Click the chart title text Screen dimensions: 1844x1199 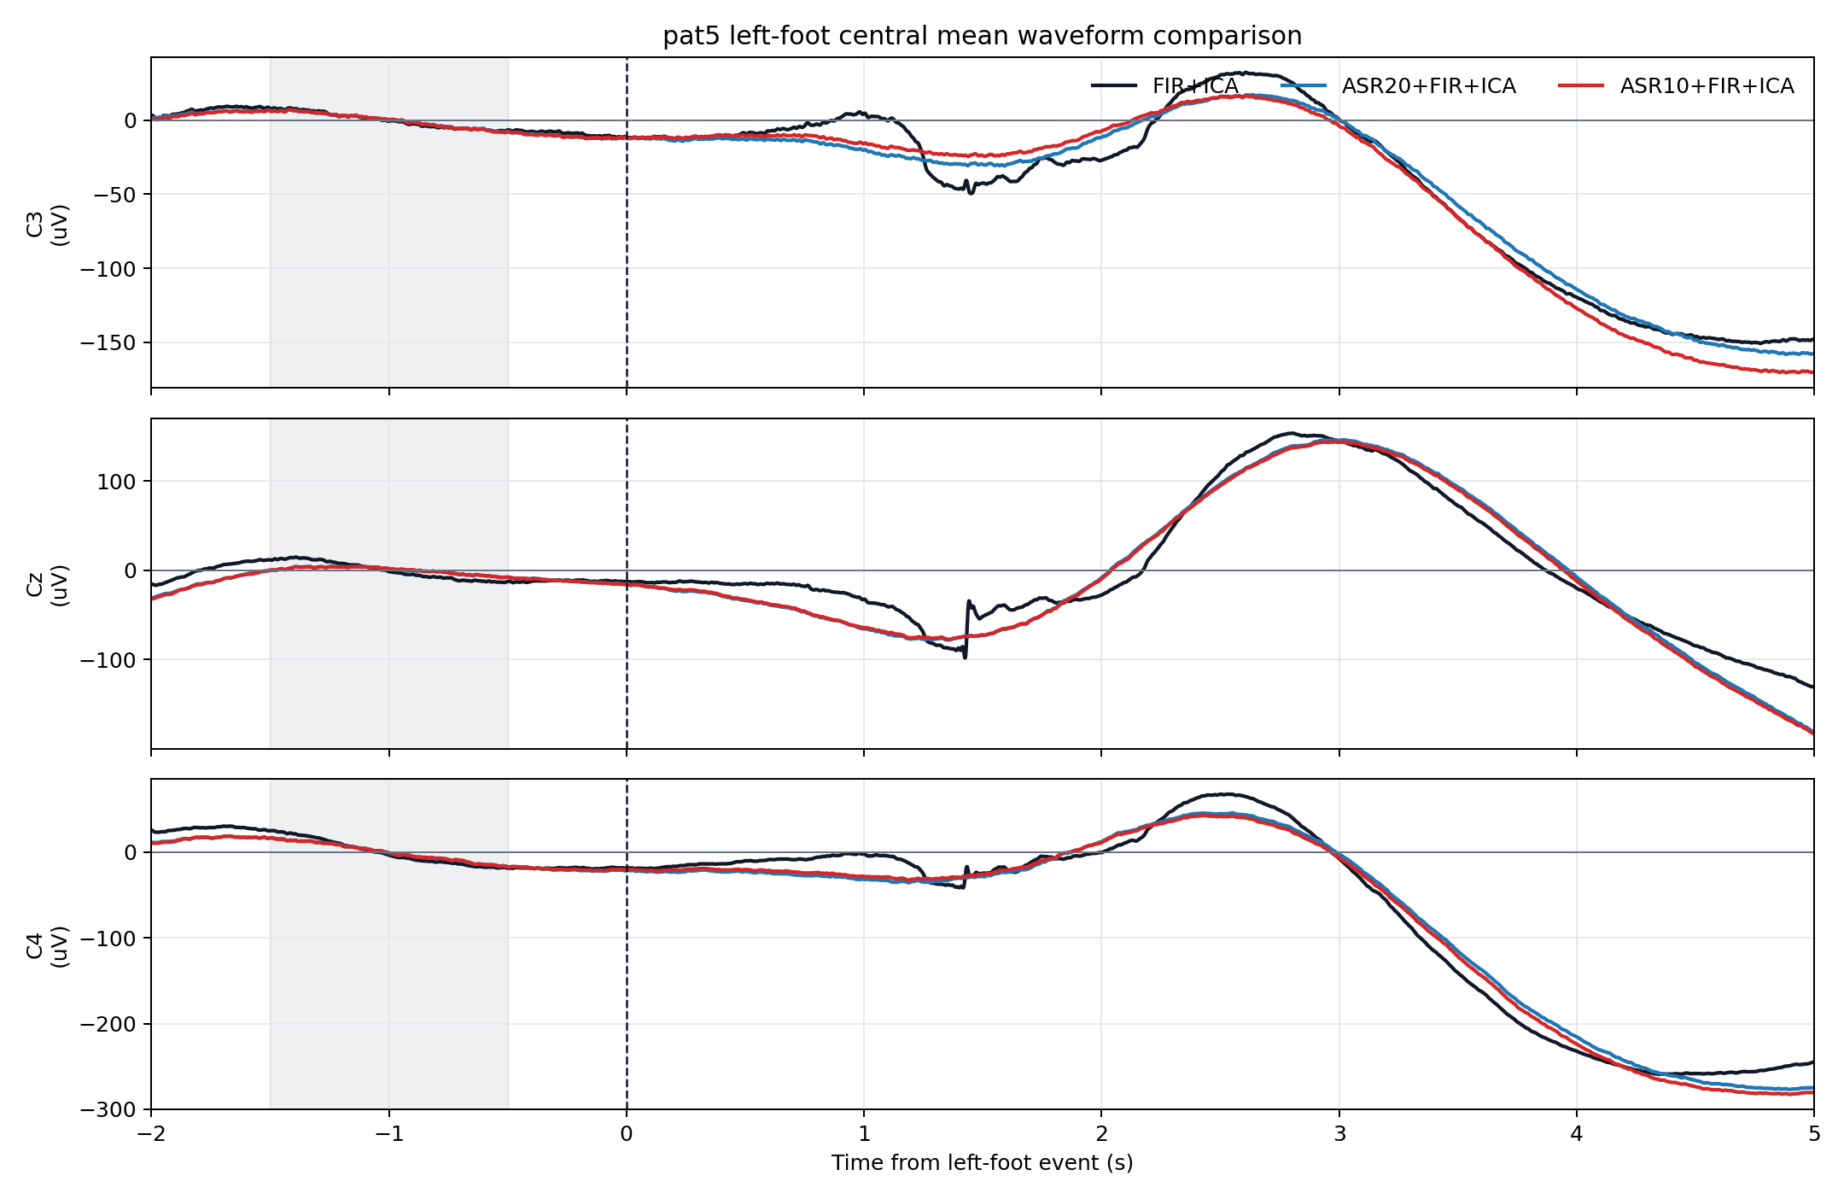pos(982,36)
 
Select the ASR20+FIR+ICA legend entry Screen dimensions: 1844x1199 pos(1398,86)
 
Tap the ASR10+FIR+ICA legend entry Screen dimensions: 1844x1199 pos(1677,86)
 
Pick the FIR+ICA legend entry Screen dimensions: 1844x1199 pos(1165,86)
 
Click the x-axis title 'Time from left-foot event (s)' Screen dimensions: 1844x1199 pos(982,1163)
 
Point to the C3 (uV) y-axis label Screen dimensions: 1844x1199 pos(48,225)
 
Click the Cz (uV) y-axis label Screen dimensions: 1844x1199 pos(48,585)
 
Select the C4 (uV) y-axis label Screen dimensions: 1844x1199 pos(48,946)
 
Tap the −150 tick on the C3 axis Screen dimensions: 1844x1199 pos(108,342)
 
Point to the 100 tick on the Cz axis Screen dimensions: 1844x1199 pos(117,482)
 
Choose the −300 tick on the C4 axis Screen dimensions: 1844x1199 pos(108,1109)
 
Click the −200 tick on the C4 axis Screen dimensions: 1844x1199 pos(108,1024)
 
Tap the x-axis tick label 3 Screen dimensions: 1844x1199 pos(1339,1134)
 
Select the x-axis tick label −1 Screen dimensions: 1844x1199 pos(388,1134)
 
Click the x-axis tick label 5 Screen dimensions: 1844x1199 pos(1814,1134)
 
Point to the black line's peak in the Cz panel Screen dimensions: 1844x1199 pos(1293,434)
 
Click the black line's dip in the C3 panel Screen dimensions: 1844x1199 pos(970,191)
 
